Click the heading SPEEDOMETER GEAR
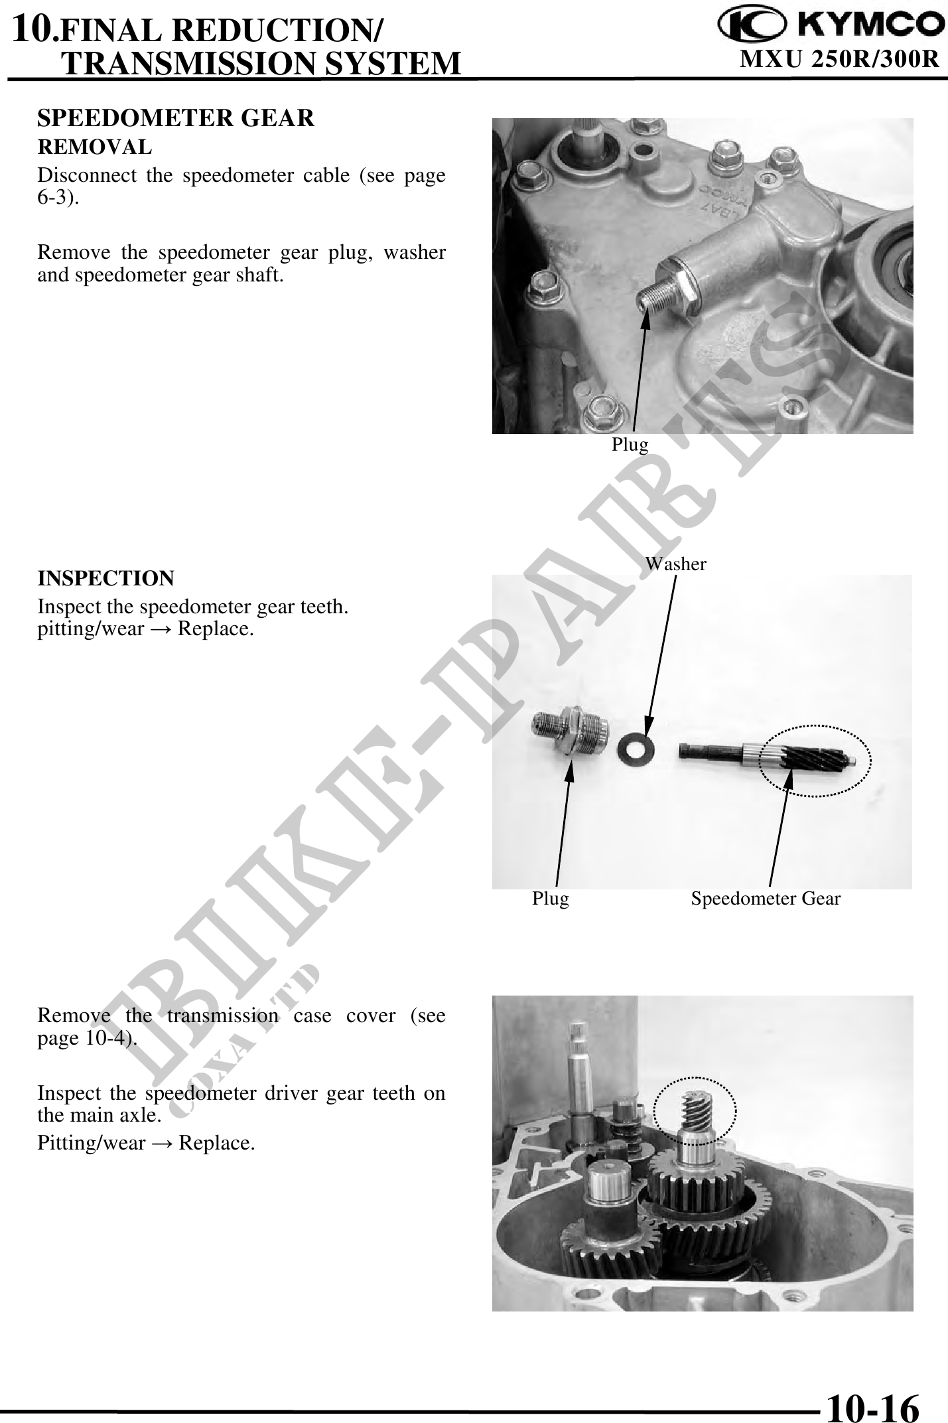[176, 118]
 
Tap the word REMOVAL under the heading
[94, 146]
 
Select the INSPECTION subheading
[105, 578]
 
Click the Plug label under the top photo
[630, 445]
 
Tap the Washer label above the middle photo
[675, 564]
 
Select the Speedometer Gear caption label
[765, 899]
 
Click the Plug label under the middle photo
[550, 899]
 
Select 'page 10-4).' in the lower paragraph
[88, 1039]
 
